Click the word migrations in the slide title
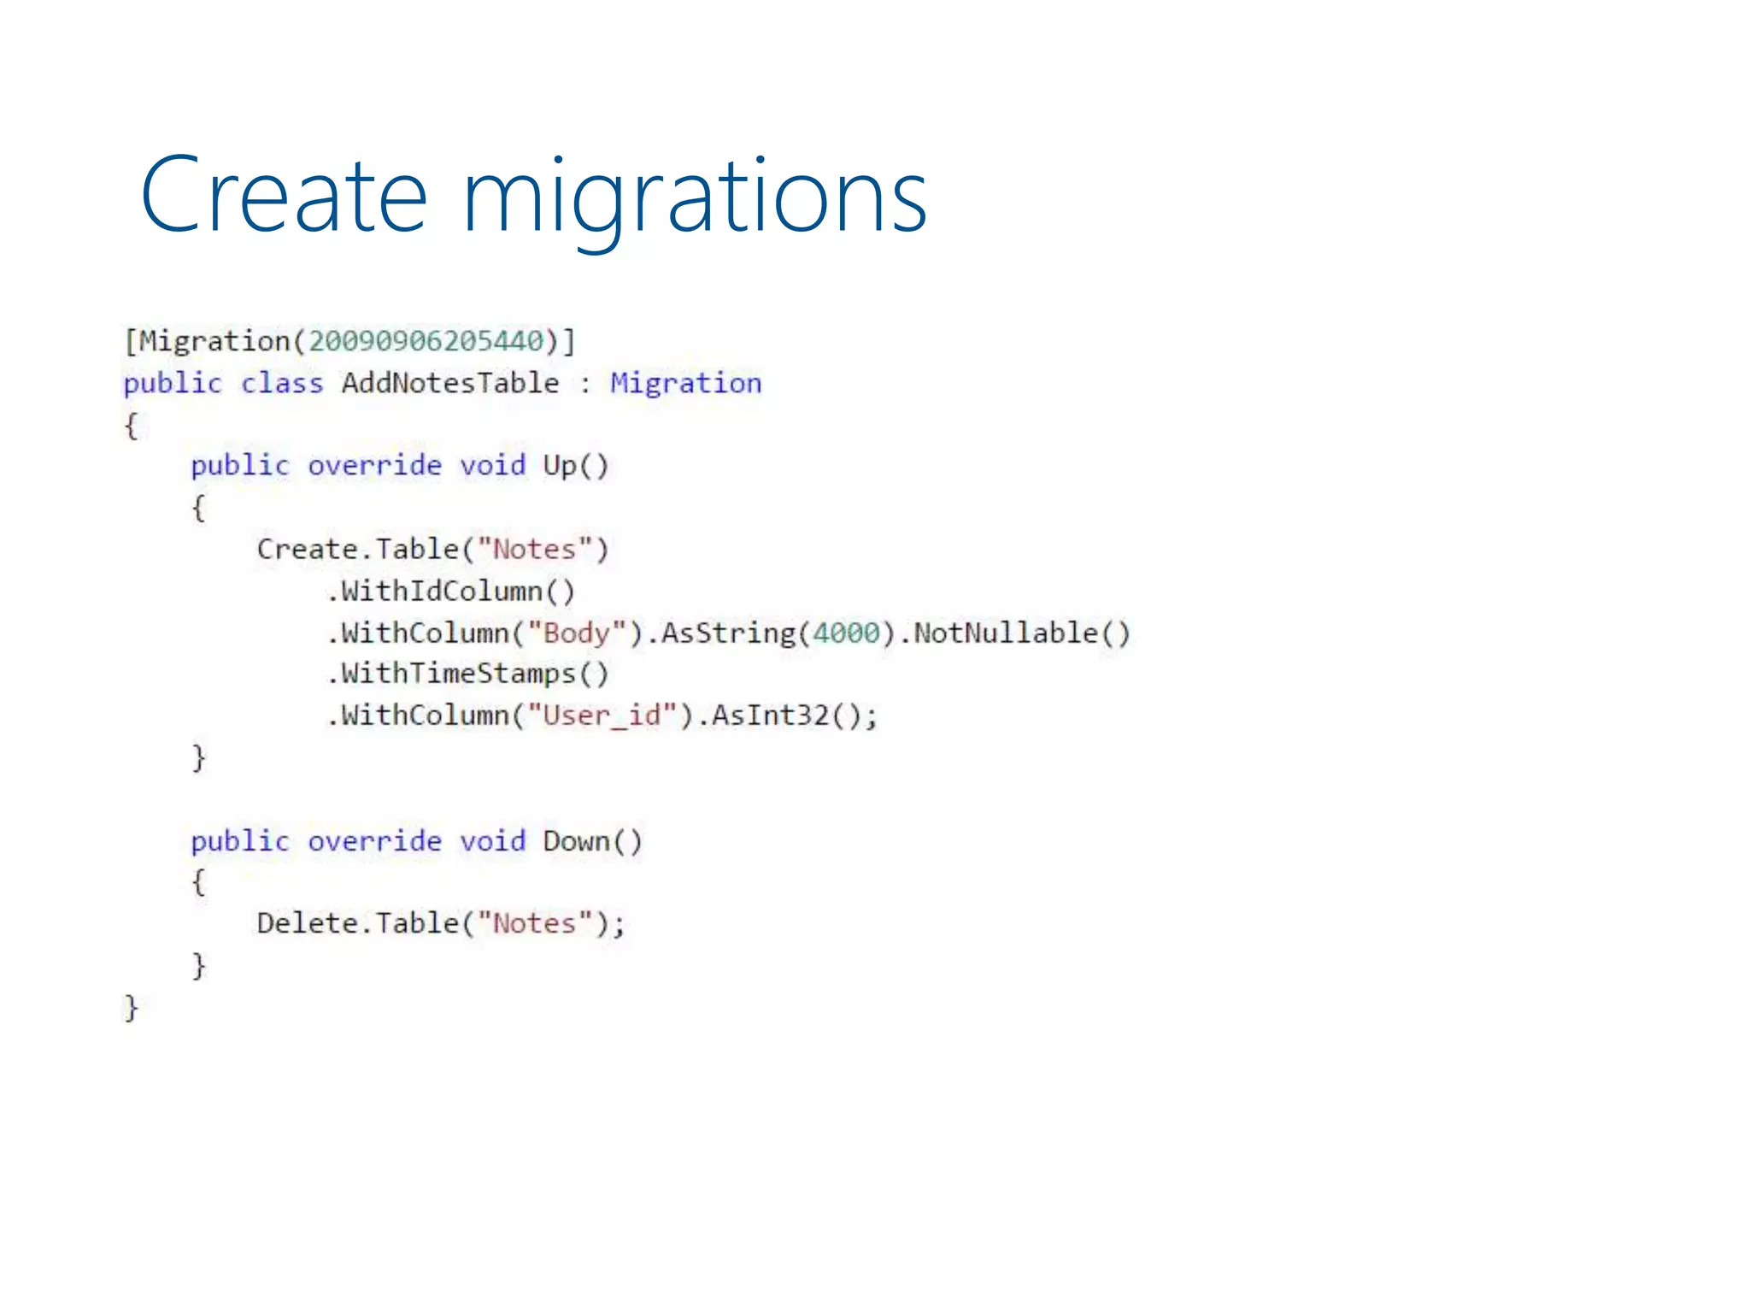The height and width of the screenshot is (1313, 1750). (x=694, y=198)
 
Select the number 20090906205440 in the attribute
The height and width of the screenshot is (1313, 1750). (x=426, y=342)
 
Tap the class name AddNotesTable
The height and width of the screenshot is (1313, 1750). (x=450, y=383)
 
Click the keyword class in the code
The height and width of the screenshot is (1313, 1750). (x=282, y=383)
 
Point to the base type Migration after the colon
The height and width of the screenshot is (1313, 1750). (x=685, y=383)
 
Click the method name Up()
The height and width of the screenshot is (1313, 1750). (x=575, y=466)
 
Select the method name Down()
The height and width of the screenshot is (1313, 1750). (x=592, y=842)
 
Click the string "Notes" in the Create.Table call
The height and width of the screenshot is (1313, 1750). (x=535, y=550)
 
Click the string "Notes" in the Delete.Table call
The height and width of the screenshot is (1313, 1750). (x=535, y=924)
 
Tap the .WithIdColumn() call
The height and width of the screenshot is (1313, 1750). (x=451, y=592)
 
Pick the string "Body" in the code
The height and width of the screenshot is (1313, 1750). (x=577, y=633)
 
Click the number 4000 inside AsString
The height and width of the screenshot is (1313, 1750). (x=846, y=633)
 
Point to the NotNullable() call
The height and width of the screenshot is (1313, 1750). (x=1022, y=633)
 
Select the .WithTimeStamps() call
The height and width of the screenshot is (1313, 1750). (x=468, y=674)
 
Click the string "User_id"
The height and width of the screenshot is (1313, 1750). (x=602, y=715)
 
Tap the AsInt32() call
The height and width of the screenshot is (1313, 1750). (x=786, y=715)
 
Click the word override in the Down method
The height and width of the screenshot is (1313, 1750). (x=374, y=842)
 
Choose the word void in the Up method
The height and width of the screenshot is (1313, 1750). (x=492, y=466)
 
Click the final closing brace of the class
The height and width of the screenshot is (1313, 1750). (x=131, y=1009)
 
